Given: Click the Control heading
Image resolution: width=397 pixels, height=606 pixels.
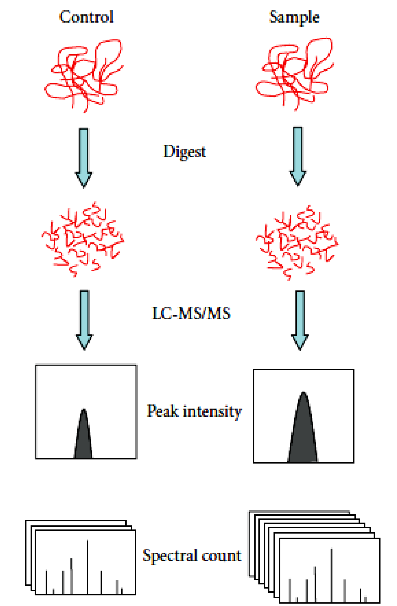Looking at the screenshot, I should [86, 17].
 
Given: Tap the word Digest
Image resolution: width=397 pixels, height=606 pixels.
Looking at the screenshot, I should [184, 151].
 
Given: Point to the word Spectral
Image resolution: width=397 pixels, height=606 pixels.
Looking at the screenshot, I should [170, 555].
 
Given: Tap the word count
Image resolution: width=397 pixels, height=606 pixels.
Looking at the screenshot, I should [221, 555].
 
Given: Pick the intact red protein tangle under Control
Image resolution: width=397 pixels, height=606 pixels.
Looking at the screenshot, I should [83, 75].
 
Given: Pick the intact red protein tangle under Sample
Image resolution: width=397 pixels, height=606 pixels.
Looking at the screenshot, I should [294, 74].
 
